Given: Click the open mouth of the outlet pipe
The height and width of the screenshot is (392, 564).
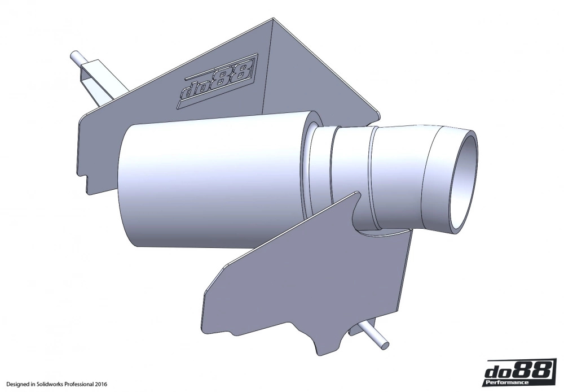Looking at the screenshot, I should [465, 180].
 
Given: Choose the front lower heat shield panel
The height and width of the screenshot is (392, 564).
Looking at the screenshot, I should [293, 277].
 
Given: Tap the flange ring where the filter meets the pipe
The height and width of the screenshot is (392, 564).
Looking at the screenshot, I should [310, 169].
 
